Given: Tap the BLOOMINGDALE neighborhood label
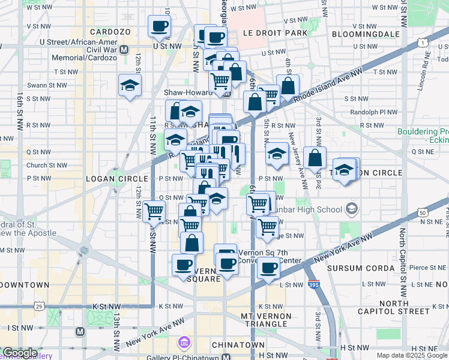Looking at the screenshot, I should (x=365, y=34).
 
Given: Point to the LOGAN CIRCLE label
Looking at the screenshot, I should (x=116, y=179).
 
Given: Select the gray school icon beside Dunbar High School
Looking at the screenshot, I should (x=351, y=210).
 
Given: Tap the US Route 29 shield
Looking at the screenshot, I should (x=39, y=307).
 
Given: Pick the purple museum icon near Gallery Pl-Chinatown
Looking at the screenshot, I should (x=184, y=343).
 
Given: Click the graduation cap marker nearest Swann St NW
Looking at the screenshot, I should (x=129, y=86).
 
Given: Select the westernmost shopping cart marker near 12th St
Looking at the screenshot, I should (x=155, y=212).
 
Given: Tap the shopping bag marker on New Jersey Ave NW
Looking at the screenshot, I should (x=315, y=158).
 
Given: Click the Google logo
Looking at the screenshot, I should (x=20, y=353).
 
